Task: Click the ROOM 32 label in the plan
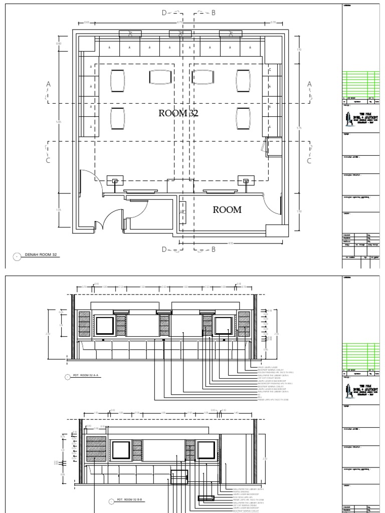tap(178, 113)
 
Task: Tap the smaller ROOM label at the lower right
tap(227, 209)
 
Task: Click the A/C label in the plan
tap(182, 212)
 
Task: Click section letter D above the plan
tap(164, 13)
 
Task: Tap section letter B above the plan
tap(213, 13)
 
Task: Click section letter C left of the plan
tap(49, 161)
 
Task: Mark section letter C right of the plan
tap(309, 161)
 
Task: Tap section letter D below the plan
tap(164, 248)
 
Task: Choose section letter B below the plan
tap(213, 248)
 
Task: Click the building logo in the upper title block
tap(350, 120)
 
